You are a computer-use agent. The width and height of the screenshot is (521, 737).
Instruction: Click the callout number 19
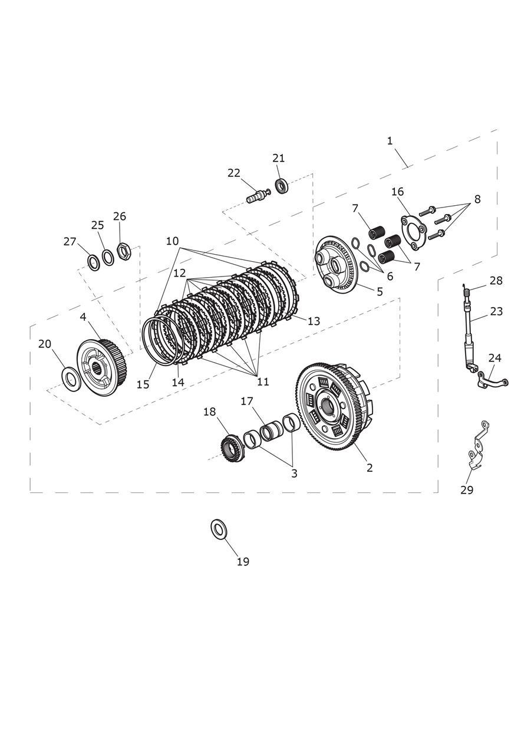[243, 562]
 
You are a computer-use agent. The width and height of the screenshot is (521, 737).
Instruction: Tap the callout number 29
[467, 490]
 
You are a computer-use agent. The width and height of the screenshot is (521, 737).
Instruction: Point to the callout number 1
[390, 141]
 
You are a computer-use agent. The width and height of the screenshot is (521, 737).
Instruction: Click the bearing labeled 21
[282, 186]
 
